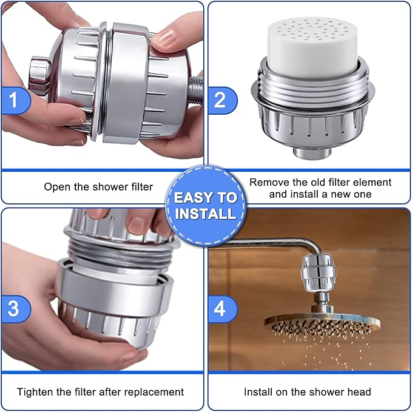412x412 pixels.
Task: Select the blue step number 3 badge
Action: pos(13,308)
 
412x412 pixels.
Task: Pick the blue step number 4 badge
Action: pos(220,308)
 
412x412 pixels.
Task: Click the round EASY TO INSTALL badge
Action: pos(206,205)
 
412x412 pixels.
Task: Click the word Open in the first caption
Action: pos(56,187)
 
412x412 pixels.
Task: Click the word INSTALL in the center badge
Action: pos(206,214)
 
